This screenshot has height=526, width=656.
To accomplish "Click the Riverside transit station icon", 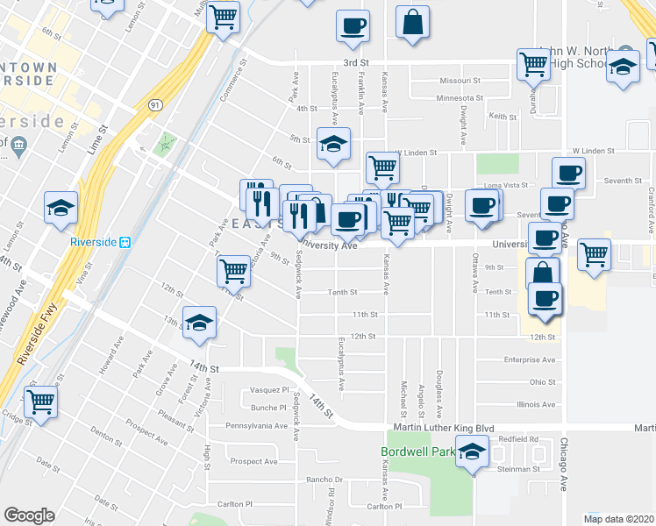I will [x=125, y=242].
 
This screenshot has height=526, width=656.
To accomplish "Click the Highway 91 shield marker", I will [x=155, y=104].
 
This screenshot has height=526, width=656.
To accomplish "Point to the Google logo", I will [x=29, y=515].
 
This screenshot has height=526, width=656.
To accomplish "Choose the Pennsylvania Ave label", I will [x=257, y=426].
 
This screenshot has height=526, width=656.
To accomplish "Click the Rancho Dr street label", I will [x=323, y=480].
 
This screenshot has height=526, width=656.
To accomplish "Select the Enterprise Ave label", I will [x=530, y=359].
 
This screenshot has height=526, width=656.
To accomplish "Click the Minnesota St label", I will [x=460, y=98].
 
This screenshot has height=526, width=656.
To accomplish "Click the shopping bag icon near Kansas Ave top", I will [x=412, y=24].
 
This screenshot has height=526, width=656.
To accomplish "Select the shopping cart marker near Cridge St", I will [x=41, y=402].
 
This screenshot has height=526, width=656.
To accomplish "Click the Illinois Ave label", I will [x=536, y=404].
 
